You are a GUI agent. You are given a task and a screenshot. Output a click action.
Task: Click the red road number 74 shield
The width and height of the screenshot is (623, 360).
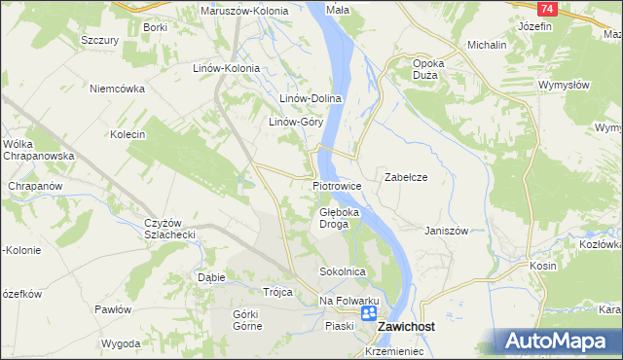(x=548, y=8)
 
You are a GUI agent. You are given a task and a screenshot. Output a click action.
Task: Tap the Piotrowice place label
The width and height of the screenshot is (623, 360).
(x=338, y=185)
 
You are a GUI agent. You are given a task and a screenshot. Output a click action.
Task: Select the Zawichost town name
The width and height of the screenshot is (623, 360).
(x=406, y=328)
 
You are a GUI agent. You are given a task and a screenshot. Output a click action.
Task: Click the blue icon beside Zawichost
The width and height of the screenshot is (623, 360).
(x=369, y=314)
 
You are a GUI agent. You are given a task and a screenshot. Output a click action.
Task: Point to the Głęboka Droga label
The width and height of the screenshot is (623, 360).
(x=340, y=217)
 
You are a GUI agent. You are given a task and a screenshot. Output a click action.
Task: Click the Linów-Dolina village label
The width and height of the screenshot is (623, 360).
(x=310, y=98)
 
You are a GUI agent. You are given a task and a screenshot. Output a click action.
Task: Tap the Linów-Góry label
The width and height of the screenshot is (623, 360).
(x=296, y=123)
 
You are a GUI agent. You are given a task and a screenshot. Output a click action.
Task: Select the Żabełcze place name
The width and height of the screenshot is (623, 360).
(x=407, y=178)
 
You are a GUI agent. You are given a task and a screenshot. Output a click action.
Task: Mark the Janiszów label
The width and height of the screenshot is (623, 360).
(x=447, y=231)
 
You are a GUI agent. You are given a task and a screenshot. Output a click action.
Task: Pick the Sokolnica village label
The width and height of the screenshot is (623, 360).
(x=342, y=271)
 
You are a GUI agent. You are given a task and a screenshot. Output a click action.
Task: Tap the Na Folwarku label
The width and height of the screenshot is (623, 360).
(x=348, y=301)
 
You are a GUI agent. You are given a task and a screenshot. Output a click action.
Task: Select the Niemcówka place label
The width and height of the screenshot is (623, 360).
(x=117, y=89)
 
